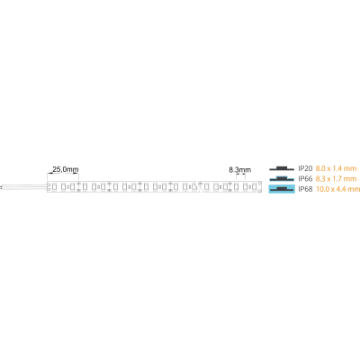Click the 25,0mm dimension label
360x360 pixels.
point(66,169)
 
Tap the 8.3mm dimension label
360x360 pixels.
point(240,170)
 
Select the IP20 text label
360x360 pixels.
point(305,168)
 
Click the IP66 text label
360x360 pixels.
point(305,179)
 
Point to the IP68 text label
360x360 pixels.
point(305,189)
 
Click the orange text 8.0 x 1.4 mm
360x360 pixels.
point(336,168)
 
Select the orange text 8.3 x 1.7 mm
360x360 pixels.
point(336,179)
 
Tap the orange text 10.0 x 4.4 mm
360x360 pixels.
point(337,189)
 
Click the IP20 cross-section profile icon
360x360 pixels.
point(282,168)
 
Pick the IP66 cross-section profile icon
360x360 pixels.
point(282,179)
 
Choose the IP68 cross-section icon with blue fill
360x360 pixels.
point(282,189)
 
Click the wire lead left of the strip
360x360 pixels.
point(24,187)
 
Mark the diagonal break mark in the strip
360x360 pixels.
point(198,186)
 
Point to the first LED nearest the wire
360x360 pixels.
point(55,187)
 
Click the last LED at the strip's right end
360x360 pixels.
point(254,187)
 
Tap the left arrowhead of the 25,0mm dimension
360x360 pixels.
point(49,173)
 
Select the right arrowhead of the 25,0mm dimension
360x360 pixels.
point(76,173)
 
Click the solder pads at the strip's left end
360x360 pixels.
point(49,187)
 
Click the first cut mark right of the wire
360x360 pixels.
point(78,186)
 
